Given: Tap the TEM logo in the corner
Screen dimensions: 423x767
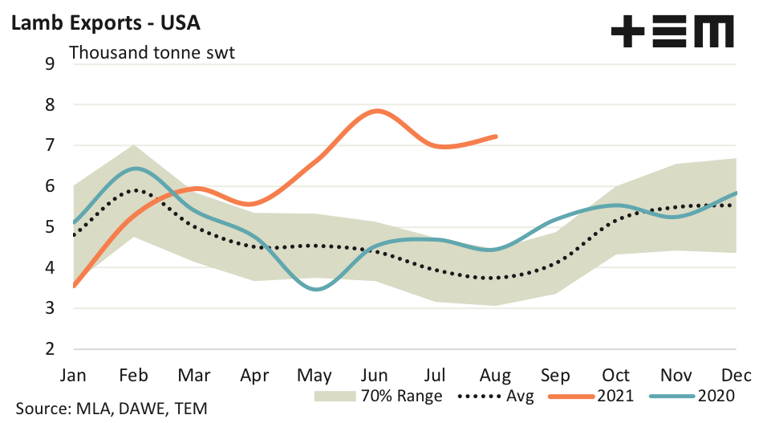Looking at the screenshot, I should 672,33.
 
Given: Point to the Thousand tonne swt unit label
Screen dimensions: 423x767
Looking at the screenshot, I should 157,54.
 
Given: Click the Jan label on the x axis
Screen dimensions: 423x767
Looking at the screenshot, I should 73,376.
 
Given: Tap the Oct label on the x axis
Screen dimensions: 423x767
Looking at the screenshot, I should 616,376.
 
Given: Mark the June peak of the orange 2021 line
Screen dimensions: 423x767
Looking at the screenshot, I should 376,111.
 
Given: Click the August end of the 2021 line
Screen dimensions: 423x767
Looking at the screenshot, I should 497,136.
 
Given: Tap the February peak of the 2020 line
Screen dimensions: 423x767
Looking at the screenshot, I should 138,169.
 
